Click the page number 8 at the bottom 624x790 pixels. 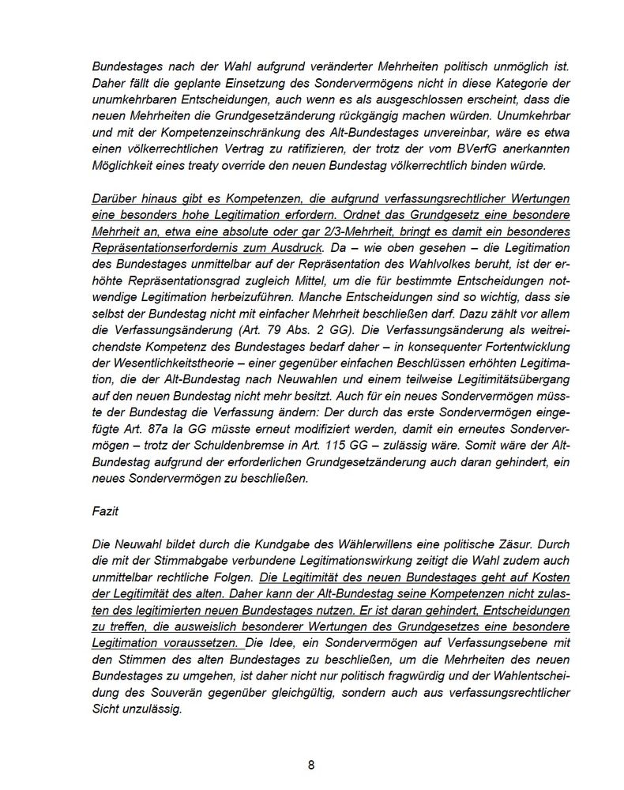tap(311, 765)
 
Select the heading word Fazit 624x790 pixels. tap(106, 511)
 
